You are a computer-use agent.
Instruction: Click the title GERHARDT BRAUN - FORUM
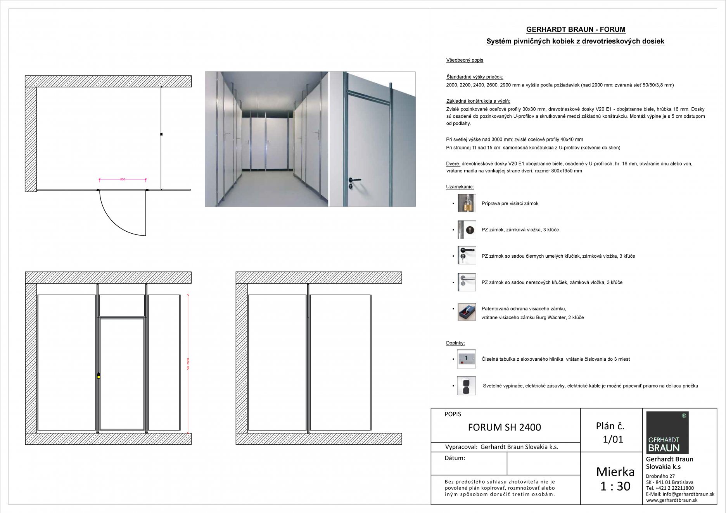576,29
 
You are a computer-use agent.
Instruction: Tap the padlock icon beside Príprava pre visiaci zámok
467,203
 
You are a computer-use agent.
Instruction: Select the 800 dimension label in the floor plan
123,179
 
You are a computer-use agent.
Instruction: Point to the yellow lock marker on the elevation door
99,376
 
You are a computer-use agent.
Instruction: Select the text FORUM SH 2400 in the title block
504,427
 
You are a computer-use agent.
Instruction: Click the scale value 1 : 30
615,486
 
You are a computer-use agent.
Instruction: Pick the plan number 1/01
613,439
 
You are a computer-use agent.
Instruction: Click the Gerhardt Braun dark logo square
667,432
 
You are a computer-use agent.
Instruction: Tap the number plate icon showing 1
466,359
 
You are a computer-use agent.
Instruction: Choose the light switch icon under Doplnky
466,386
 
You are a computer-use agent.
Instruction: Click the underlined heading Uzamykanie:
460,187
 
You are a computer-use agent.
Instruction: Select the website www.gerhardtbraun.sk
672,500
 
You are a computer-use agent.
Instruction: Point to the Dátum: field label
455,458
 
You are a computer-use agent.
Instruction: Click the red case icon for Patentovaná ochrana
467,312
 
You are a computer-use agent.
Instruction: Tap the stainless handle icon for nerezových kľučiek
467,282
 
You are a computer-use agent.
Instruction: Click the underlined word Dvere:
453,164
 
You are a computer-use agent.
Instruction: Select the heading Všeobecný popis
465,60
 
